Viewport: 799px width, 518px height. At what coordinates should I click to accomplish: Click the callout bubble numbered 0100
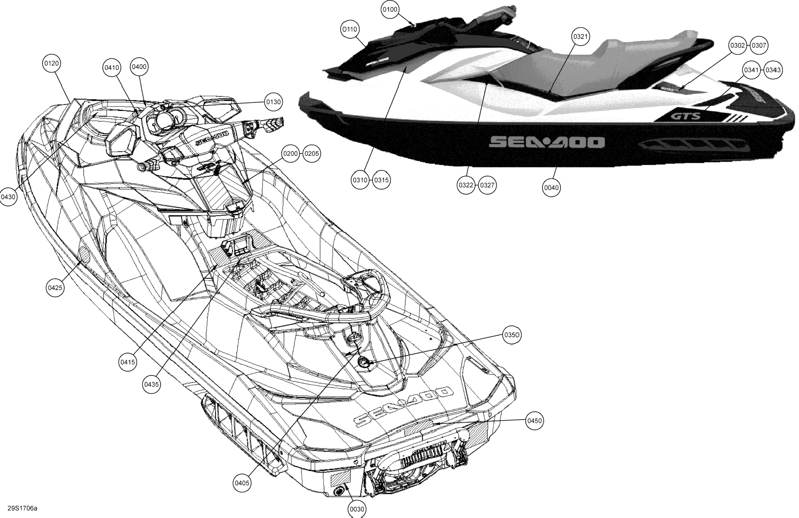pos(390,10)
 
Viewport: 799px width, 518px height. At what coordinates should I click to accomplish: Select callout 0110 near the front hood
pos(350,29)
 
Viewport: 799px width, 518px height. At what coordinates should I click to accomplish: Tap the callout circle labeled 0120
pos(52,64)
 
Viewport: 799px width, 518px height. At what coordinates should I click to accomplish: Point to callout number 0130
pos(273,102)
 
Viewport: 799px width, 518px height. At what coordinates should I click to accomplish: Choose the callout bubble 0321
pos(580,36)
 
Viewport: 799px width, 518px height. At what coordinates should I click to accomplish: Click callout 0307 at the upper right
pos(759,45)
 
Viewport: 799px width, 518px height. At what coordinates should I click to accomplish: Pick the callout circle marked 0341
pos(751,70)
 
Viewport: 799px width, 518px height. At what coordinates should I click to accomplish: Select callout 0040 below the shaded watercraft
pos(551,188)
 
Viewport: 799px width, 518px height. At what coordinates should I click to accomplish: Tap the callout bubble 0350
pos(512,335)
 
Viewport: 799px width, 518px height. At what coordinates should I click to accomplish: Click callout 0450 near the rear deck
pos(535,421)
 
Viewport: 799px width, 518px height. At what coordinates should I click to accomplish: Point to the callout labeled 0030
pos(357,509)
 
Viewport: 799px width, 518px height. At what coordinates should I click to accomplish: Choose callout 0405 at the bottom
pos(242,483)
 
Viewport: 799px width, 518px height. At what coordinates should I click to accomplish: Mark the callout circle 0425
pos(55,288)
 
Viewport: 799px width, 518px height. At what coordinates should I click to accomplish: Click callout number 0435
pos(151,384)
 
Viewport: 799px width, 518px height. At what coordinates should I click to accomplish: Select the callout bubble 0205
pos(312,154)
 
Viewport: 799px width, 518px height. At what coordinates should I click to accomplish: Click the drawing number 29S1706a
pos(22,508)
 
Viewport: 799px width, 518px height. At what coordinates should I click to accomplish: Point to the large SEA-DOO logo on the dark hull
pos(547,142)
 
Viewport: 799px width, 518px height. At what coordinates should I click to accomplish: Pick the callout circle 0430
pos(8,197)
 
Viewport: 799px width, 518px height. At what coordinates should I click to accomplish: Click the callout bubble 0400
pos(139,67)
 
